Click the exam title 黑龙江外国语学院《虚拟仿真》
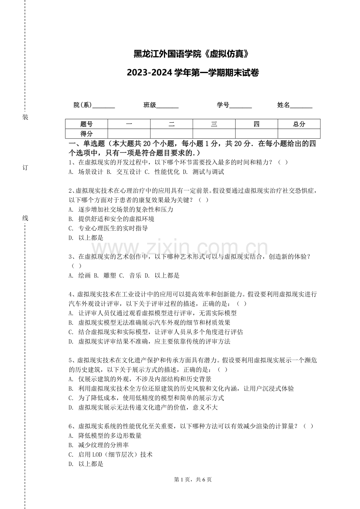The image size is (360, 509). point(191,54)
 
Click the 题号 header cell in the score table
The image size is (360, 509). point(86,124)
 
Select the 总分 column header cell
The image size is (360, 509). point(299,124)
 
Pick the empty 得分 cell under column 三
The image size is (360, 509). point(214,134)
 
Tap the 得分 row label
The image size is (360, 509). point(86,134)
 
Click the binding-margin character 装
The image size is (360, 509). point(25,117)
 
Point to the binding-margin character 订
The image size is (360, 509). point(25,168)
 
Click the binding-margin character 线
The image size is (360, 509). point(25,218)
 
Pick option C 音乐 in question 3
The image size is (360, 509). point(128,276)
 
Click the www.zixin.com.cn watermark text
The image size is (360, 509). point(180,248)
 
